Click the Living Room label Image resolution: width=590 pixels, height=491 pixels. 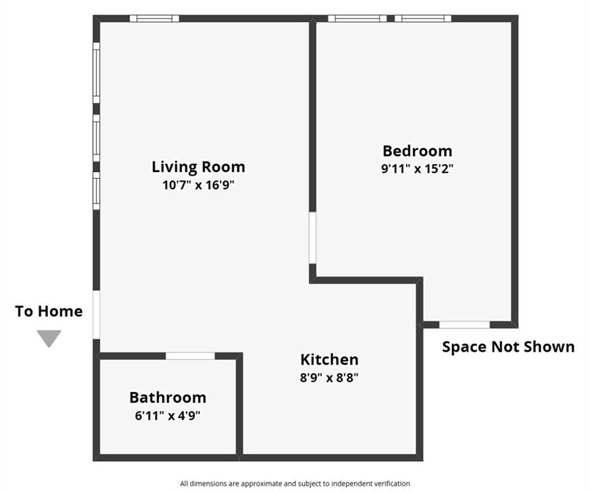point(198,167)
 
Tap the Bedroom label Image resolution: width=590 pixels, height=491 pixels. point(417,151)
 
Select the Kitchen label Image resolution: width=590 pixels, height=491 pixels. point(329,360)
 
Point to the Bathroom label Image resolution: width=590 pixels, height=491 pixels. point(168,398)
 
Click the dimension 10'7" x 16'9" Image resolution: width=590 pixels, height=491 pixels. point(198,185)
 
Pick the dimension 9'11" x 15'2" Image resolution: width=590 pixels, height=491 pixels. point(417,169)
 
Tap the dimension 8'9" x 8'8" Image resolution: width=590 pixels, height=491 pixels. point(329,377)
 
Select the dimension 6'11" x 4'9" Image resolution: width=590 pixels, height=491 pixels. point(168,416)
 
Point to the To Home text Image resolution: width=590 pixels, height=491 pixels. point(49,311)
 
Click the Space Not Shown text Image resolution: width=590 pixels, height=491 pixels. point(508,347)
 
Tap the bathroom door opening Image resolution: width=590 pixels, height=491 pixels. point(190,356)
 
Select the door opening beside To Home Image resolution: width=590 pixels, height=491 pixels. point(97,315)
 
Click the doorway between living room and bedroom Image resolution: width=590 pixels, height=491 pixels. point(313,238)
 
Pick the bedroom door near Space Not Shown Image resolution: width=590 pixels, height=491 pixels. point(465,325)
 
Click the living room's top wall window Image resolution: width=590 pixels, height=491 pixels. point(154,19)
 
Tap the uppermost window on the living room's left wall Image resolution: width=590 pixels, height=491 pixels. point(97,73)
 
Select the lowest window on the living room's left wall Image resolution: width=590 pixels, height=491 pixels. point(97,191)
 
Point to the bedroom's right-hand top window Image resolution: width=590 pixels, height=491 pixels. point(423,19)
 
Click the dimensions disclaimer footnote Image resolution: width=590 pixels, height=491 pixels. point(295,483)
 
